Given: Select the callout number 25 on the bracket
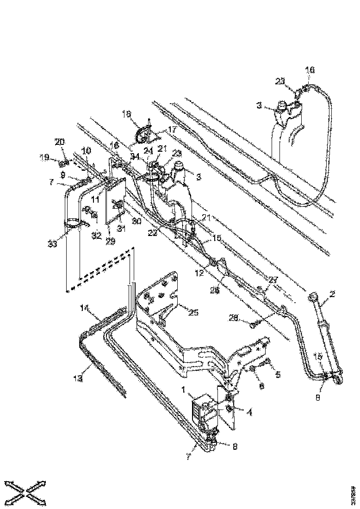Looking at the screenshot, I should tap(193, 313).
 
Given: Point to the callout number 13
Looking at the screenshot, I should tap(78, 378).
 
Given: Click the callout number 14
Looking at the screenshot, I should tap(84, 307).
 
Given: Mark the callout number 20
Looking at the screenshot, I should tap(61, 142).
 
